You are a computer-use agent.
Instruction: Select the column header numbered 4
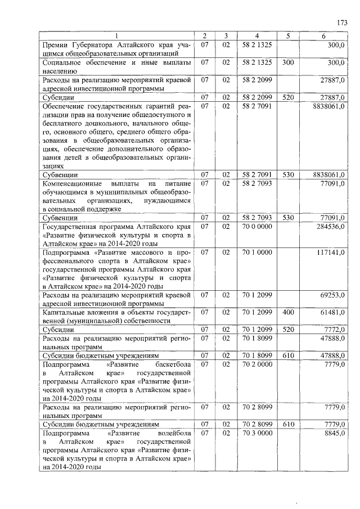[x=256, y=36]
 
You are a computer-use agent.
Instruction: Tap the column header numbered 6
[x=323, y=36]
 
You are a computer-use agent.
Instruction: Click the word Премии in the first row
[x=57, y=44]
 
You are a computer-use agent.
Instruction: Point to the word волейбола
[x=174, y=433]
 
